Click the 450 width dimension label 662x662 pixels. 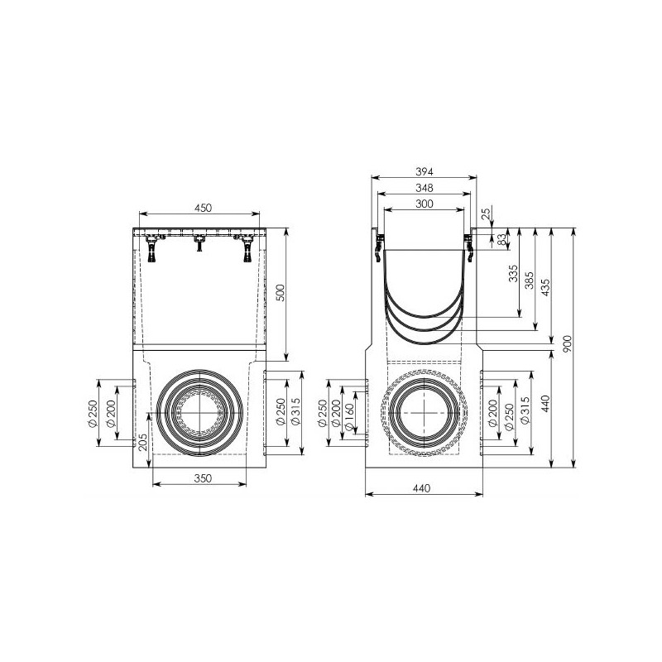click(203, 208)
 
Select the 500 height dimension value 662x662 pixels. click(281, 293)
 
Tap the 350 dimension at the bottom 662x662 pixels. click(203, 478)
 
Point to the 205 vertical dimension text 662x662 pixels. click(143, 442)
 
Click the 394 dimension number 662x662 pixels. click(425, 171)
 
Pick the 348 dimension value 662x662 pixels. click(425, 188)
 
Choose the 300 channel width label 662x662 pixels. click(425, 204)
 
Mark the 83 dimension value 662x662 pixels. click(501, 240)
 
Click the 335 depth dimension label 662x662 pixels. click(513, 274)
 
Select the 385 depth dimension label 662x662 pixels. click(529, 281)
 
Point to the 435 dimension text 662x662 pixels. click(545, 287)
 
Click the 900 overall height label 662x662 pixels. click(567, 343)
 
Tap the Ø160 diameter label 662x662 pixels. click(348, 417)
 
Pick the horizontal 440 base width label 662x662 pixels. click(421, 488)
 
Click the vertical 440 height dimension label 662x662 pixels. click(545, 404)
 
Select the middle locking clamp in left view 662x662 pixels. click(199, 242)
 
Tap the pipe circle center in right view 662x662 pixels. click(424, 412)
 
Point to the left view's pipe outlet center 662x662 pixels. click(199, 412)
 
